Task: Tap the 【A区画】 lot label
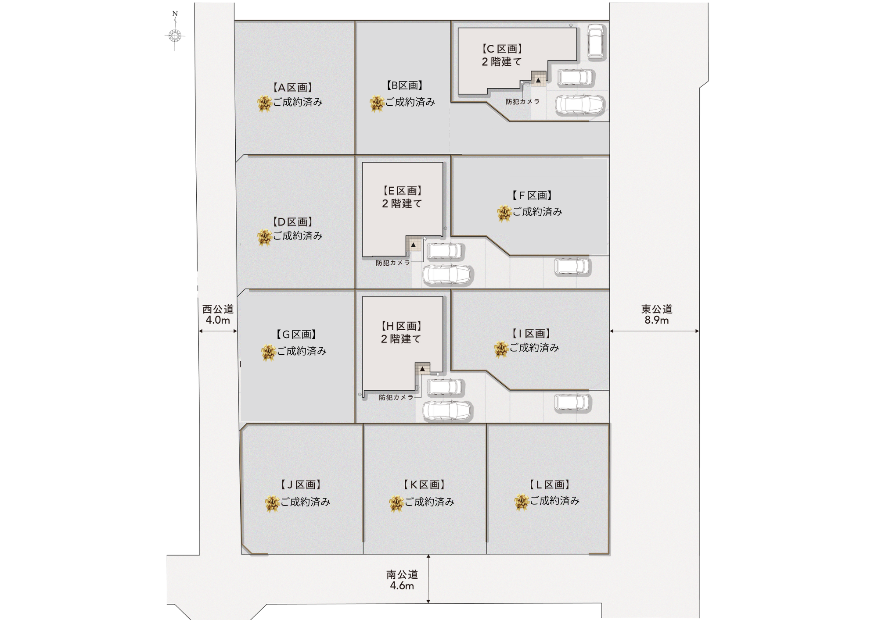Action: [x=292, y=88]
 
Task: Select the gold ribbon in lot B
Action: [x=377, y=104]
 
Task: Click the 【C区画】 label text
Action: [x=502, y=49]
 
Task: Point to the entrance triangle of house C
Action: [x=538, y=80]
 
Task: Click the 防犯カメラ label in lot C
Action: [x=522, y=102]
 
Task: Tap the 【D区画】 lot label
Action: [x=292, y=222]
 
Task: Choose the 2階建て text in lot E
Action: [x=402, y=203]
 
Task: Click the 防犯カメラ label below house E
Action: [x=393, y=263]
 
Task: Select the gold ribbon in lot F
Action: [x=504, y=214]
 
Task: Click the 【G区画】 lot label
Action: [x=296, y=335]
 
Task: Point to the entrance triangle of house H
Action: [x=422, y=369]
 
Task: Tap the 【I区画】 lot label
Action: [x=531, y=334]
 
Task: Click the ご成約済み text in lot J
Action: [x=305, y=502]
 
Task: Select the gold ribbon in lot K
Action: [x=396, y=503]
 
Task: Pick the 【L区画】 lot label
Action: [x=550, y=485]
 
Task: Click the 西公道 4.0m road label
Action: [x=218, y=314]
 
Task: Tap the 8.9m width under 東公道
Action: [x=657, y=320]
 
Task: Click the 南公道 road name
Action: [x=402, y=574]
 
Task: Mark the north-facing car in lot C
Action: [x=596, y=42]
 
